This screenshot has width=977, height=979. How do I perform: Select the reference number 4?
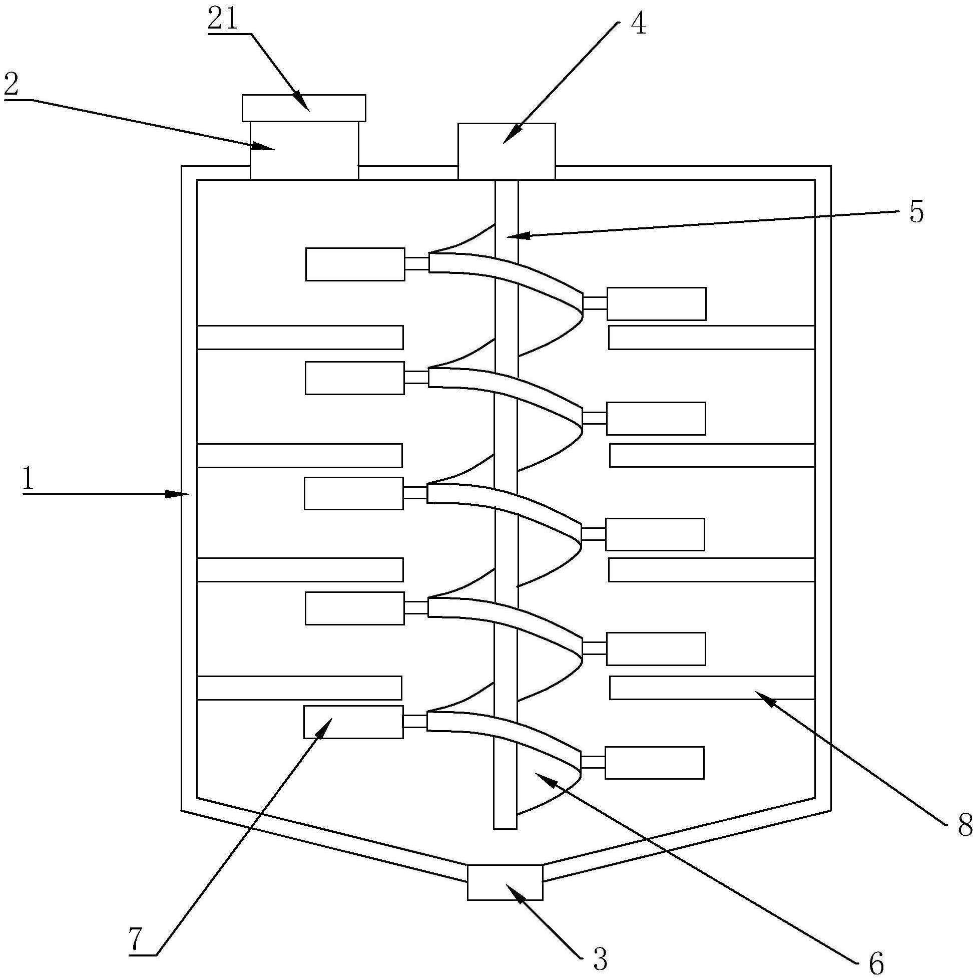[639, 24]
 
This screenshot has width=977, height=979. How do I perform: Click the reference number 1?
[28, 479]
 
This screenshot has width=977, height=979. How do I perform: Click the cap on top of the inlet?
[303, 108]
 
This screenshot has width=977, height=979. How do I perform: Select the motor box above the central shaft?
[506, 151]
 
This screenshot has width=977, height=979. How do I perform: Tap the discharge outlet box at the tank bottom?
[505, 882]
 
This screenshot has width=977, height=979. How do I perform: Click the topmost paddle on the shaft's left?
[355, 264]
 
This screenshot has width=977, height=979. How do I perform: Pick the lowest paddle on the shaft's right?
[654, 763]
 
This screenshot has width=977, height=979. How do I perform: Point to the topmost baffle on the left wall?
[300, 338]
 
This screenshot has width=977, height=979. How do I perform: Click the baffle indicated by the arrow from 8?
[712, 688]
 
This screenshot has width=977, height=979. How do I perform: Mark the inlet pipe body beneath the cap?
[304, 150]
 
